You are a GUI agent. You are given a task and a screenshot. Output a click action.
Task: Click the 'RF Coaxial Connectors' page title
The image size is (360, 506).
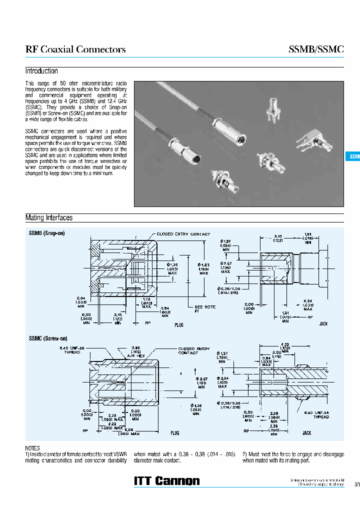pyautogui.click(x=75, y=49)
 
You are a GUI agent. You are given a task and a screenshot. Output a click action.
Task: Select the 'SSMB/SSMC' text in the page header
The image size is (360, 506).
pyautogui.click(x=316, y=49)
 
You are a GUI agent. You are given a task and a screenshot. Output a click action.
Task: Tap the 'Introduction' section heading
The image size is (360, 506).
pyautogui.click(x=41, y=71)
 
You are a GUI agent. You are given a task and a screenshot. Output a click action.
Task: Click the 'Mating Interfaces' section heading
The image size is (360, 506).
pyautogui.click(x=49, y=218)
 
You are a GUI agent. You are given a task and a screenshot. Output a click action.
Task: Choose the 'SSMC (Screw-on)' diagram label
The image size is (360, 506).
pyautogui.click(x=48, y=338)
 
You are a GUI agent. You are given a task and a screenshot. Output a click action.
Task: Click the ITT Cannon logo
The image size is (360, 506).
pyautogui.click(x=167, y=481)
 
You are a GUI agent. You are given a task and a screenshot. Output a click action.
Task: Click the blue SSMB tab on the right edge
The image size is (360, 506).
pyautogui.click(x=353, y=156)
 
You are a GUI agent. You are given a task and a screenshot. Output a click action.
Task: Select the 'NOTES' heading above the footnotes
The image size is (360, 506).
pyautogui.click(x=32, y=448)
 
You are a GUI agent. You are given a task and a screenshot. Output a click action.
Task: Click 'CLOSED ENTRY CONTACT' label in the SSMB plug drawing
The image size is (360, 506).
pyautogui.click(x=183, y=234)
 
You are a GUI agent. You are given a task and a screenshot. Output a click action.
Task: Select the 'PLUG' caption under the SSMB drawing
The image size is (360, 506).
pyautogui.click(x=179, y=325)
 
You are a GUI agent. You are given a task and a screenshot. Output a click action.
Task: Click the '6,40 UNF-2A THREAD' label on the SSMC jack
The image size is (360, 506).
pyautogui.click(x=318, y=414)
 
